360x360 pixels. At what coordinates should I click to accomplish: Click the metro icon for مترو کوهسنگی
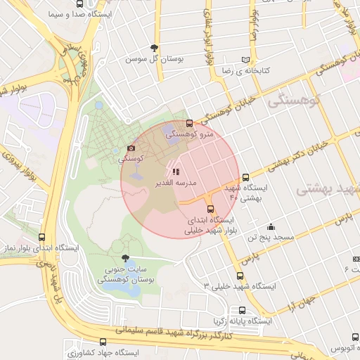(x=189, y=124)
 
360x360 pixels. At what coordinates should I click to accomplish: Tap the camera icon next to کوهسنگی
(x=131, y=148)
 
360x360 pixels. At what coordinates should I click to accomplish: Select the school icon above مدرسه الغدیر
(x=176, y=171)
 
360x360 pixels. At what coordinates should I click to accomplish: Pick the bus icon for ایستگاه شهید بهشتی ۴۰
(x=245, y=178)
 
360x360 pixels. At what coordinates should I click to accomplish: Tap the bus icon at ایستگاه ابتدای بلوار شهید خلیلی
(x=210, y=209)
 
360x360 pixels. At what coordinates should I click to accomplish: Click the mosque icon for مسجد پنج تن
(x=271, y=226)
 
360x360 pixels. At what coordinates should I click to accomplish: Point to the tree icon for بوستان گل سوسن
(x=154, y=48)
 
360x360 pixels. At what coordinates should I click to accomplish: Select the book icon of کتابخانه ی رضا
(x=245, y=60)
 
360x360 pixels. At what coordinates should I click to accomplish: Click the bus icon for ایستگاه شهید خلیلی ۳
(x=240, y=276)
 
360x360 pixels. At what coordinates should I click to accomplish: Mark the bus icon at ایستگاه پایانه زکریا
(x=243, y=310)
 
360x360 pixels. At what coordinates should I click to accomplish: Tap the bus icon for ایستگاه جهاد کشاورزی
(x=103, y=342)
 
